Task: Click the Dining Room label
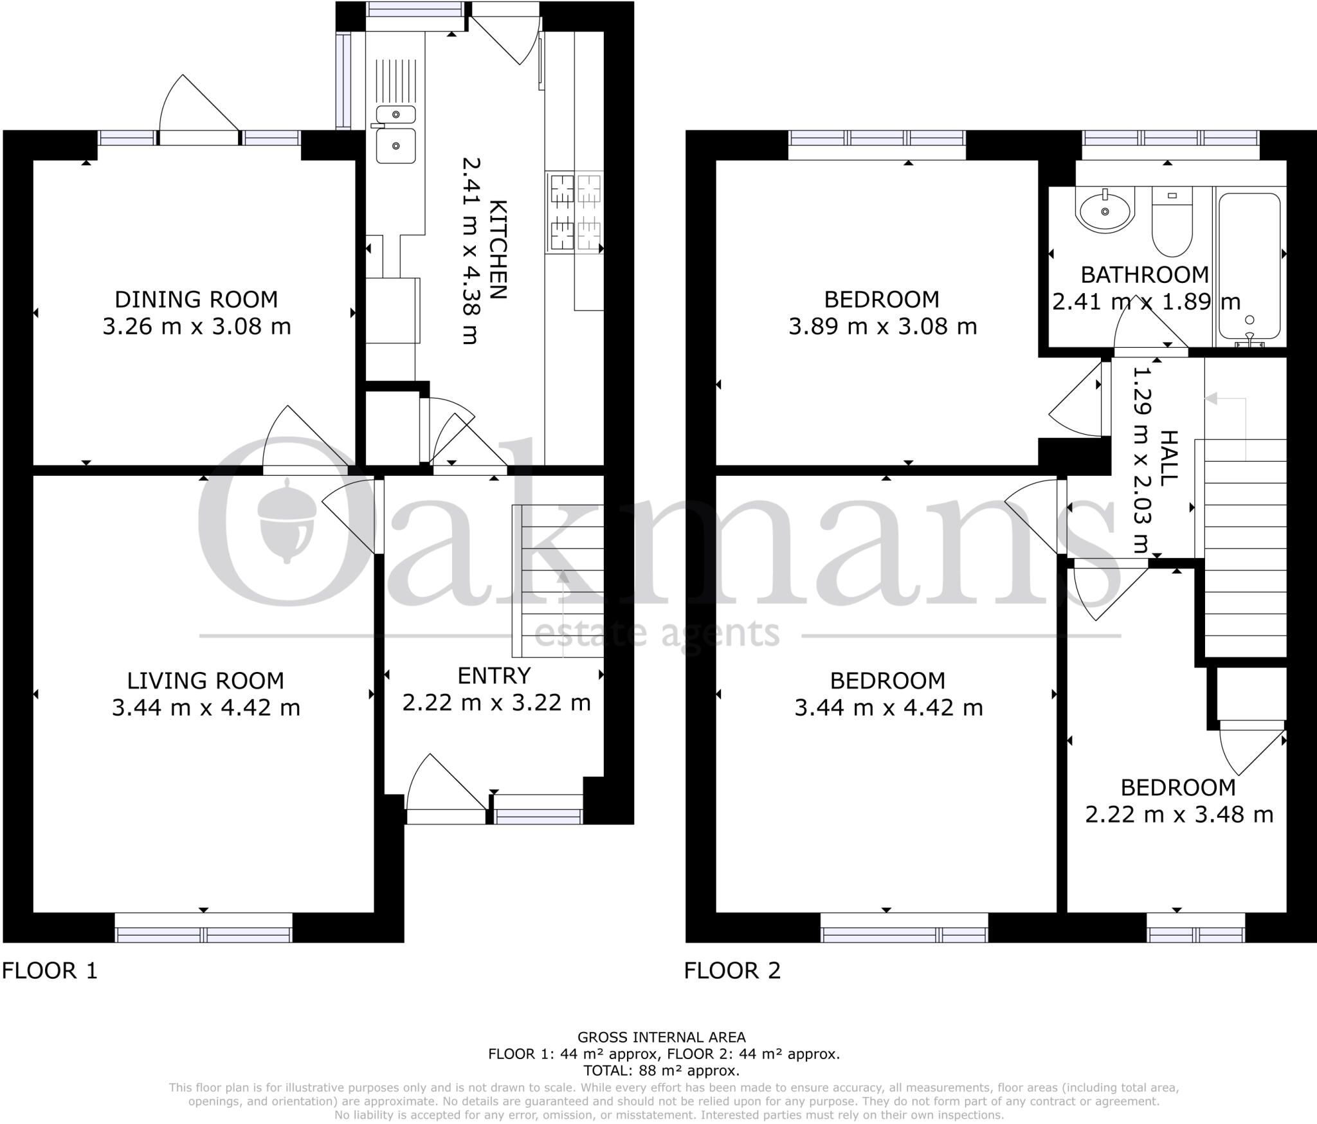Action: pyautogui.click(x=196, y=299)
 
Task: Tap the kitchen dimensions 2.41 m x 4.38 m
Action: pyautogui.click(x=471, y=251)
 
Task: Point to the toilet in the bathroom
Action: pyautogui.click(x=1172, y=222)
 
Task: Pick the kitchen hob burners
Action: pyautogui.click(x=574, y=213)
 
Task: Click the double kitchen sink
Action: pyautogui.click(x=395, y=135)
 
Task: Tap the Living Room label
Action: pyautogui.click(x=205, y=680)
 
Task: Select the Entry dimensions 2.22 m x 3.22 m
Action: pyautogui.click(x=496, y=703)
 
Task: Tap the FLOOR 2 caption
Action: pyautogui.click(x=732, y=970)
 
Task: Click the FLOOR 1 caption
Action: pyautogui.click(x=50, y=970)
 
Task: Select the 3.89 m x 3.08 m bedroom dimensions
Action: pyautogui.click(x=882, y=327)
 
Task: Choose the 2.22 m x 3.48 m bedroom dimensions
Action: pyautogui.click(x=1179, y=815)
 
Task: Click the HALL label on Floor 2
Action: pyautogui.click(x=1169, y=458)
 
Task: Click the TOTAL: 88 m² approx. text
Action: pyautogui.click(x=661, y=1071)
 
